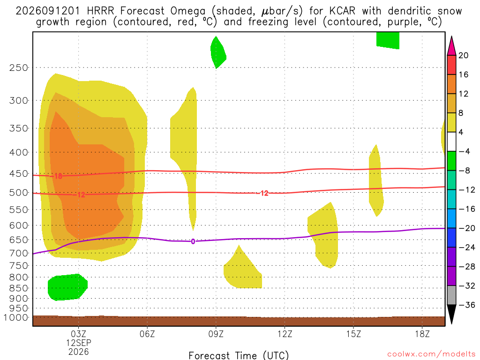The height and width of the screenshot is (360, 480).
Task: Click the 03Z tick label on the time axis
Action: (78, 334)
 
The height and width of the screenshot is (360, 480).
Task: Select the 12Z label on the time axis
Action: (285, 334)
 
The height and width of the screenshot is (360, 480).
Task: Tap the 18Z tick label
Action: (422, 334)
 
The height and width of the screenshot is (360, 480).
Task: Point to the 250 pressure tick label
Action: (19, 67)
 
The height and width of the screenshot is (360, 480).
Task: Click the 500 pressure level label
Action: (19, 193)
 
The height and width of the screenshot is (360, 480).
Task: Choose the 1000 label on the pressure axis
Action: (16, 317)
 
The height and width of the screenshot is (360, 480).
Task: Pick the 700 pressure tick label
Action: (19, 253)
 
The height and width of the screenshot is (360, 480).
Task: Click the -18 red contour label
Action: (56, 176)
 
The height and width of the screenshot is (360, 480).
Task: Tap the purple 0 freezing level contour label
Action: (193, 241)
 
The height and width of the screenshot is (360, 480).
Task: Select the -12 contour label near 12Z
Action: (262, 193)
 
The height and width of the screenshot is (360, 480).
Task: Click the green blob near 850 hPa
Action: (67, 287)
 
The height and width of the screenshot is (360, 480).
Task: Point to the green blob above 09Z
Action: (218, 52)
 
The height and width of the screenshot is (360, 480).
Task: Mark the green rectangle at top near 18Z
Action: (388, 40)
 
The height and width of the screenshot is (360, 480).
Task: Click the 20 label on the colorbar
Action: (464, 55)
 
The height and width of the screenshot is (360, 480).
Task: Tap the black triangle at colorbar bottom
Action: (451, 314)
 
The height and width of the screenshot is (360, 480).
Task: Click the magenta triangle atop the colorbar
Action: (451, 46)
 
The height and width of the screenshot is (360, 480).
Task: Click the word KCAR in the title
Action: (343, 11)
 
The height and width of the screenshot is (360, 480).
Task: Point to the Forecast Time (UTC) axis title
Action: (239, 355)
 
